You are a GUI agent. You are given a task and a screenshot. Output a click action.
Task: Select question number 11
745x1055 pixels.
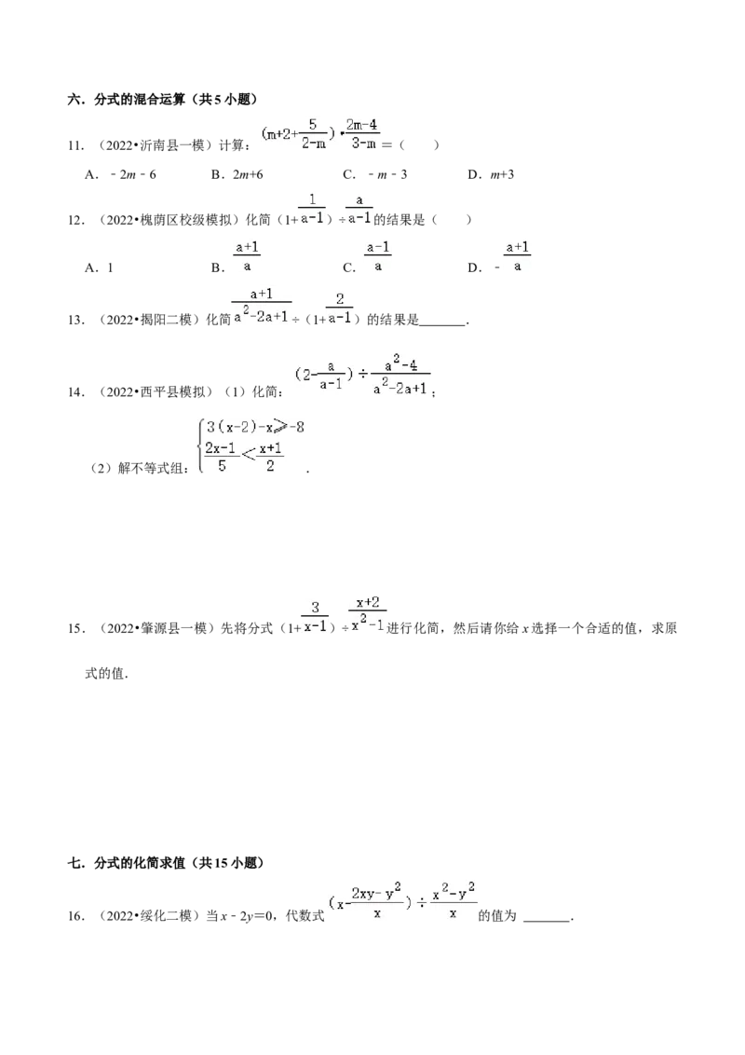(x=75, y=145)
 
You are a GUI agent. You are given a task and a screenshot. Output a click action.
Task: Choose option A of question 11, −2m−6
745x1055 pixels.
(x=120, y=175)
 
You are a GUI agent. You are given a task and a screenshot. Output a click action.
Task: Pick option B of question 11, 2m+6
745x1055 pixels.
(x=237, y=175)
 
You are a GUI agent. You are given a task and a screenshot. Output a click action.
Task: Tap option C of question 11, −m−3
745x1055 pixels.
(x=374, y=175)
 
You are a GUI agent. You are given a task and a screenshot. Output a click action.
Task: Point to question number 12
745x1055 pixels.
(x=75, y=220)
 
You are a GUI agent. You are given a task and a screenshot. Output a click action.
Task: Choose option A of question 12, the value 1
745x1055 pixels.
(x=99, y=267)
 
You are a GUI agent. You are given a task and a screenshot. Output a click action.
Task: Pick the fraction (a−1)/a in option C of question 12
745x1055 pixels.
(x=378, y=257)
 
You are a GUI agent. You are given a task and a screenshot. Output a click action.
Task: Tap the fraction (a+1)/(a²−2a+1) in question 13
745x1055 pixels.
(x=262, y=306)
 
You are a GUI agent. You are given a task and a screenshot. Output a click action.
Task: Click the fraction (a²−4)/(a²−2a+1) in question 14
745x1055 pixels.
(x=400, y=377)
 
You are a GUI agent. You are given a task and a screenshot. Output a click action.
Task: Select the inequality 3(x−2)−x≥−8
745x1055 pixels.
(x=255, y=427)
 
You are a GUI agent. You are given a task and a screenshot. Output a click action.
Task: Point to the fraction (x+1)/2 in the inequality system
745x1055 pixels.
(x=270, y=457)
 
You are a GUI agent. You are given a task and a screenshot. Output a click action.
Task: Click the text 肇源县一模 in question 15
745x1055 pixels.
(x=173, y=628)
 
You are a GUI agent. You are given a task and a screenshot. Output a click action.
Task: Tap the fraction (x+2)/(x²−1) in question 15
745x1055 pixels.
(x=368, y=613)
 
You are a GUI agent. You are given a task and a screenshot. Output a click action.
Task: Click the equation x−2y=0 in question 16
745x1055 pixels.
(x=247, y=916)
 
